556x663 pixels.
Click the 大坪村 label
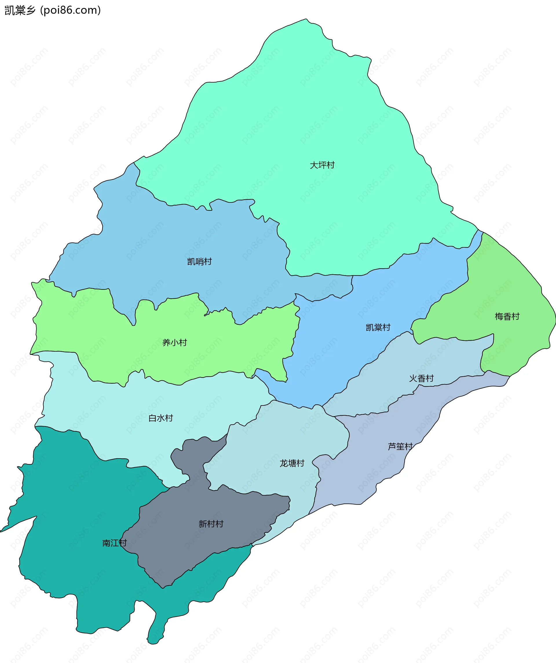pyautogui.click(x=322, y=165)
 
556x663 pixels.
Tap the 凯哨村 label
pyautogui.click(x=199, y=262)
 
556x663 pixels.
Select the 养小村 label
pyautogui.click(x=174, y=343)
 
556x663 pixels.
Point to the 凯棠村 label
pyautogui.click(x=378, y=327)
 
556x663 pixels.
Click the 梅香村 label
pyautogui.click(x=507, y=316)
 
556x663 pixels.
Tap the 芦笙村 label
pyautogui.click(x=400, y=446)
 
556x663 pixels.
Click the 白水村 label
pyautogui.click(x=160, y=418)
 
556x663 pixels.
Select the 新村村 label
pyautogui.click(x=211, y=524)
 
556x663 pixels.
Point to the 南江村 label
pyautogui.click(x=114, y=543)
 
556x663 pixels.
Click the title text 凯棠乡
pyautogui.click(x=20, y=10)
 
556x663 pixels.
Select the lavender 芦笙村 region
pyautogui.click(x=379, y=467)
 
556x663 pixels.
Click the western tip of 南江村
pyautogui.click(x=3, y=531)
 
